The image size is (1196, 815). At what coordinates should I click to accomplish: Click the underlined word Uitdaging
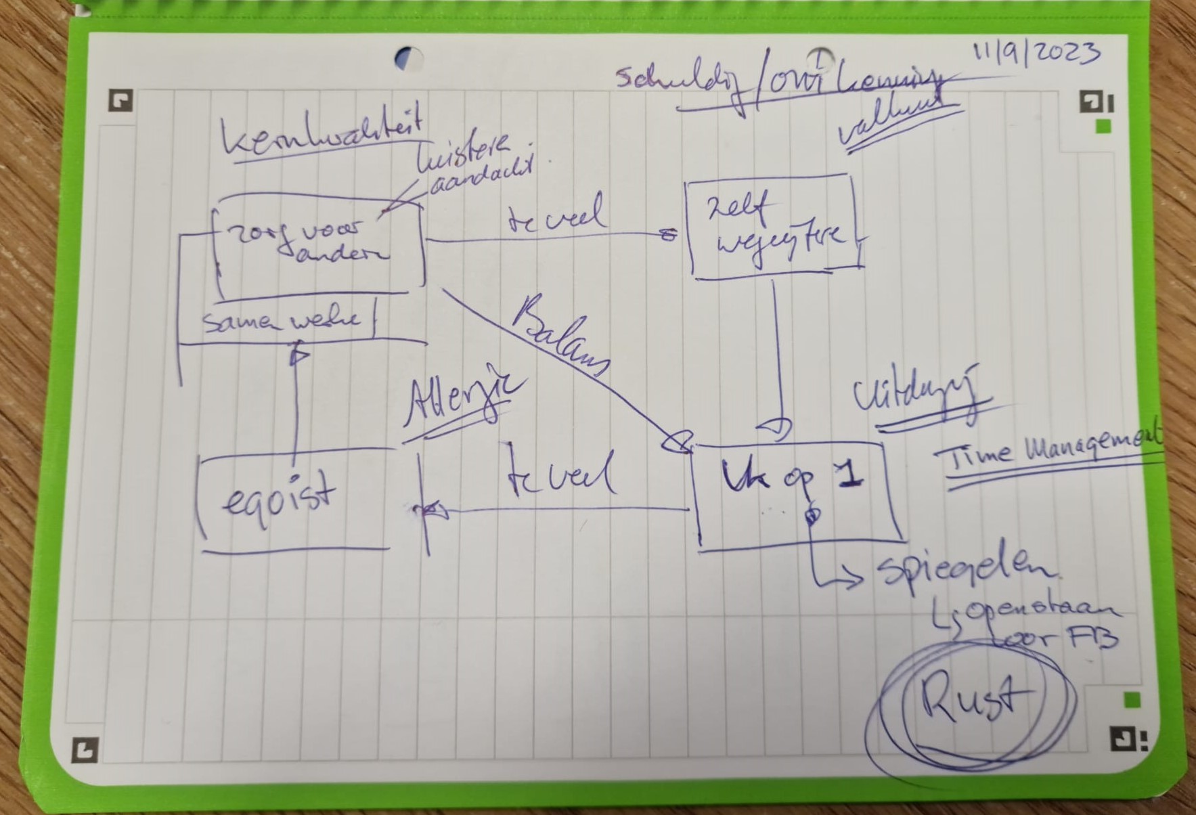point(914,399)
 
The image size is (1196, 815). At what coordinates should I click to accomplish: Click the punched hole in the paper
point(409,58)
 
